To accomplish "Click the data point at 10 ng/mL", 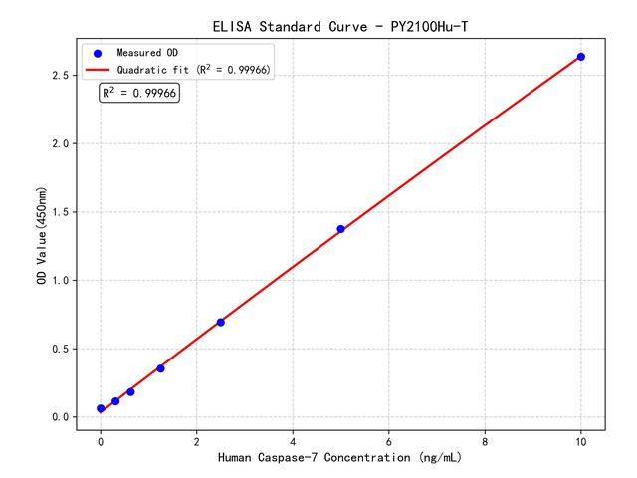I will pyautogui.click(x=581, y=57).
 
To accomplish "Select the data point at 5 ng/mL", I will pyautogui.click(x=340, y=229).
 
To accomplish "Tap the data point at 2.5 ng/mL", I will pyautogui.click(x=220, y=322).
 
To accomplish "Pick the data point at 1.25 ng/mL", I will pyautogui.click(x=160, y=368).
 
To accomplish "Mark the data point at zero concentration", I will pyautogui.click(x=101, y=408).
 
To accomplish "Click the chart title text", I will pyautogui.click(x=340, y=25).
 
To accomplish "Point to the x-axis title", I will pyautogui.click(x=340, y=458).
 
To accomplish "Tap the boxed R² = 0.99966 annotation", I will pyautogui.click(x=139, y=93).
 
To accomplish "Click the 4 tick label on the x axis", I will pyautogui.click(x=293, y=439).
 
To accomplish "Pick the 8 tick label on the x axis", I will pyautogui.click(x=485, y=439).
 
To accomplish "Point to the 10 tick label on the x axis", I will pyautogui.click(x=581, y=439).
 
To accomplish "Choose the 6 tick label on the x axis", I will pyautogui.click(x=389, y=439).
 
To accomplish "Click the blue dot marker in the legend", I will pyautogui.click(x=98, y=52).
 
